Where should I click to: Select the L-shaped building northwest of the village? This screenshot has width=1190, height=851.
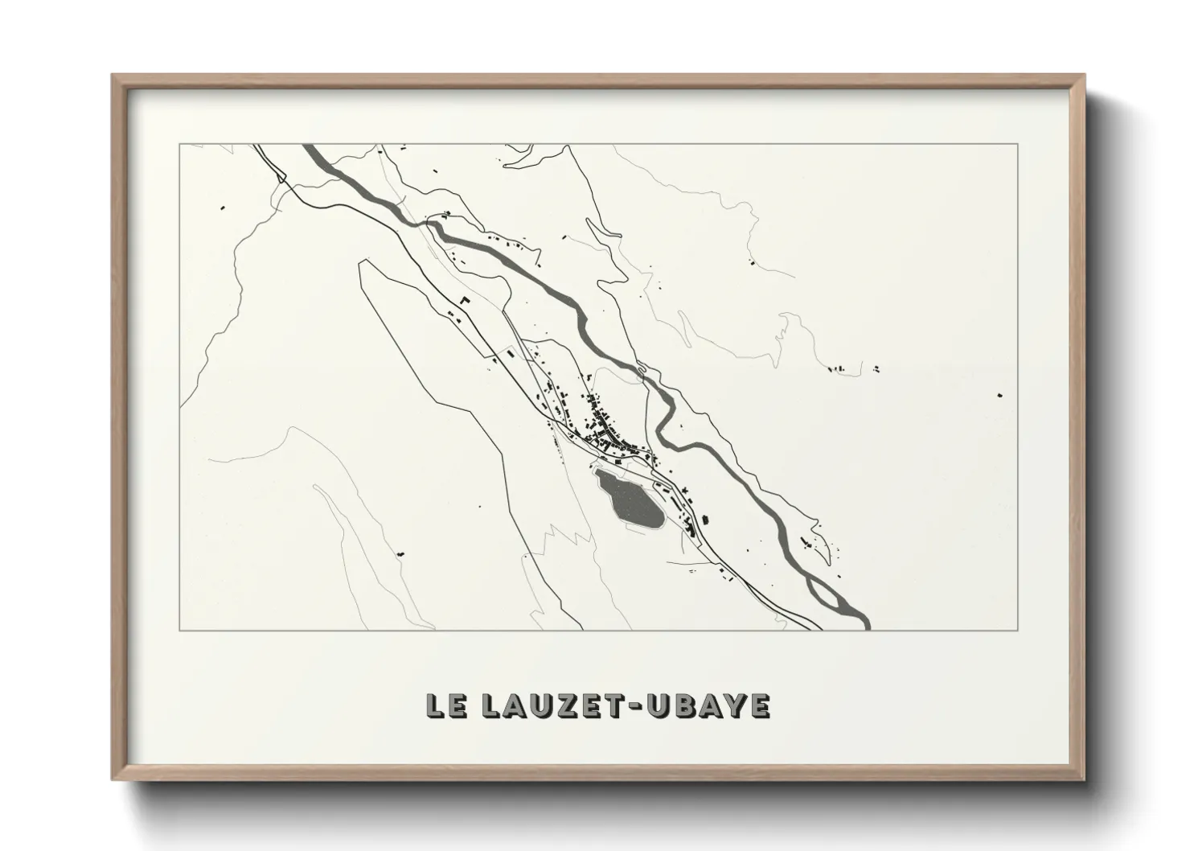(463, 299)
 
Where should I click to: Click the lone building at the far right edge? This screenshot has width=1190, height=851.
(999, 395)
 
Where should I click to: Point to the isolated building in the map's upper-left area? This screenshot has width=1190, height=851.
(221, 209)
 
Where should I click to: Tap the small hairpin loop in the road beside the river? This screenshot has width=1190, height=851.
(641, 370)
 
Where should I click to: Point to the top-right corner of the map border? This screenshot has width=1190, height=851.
(1018, 144)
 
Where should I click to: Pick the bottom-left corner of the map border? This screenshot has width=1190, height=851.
(179, 630)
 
